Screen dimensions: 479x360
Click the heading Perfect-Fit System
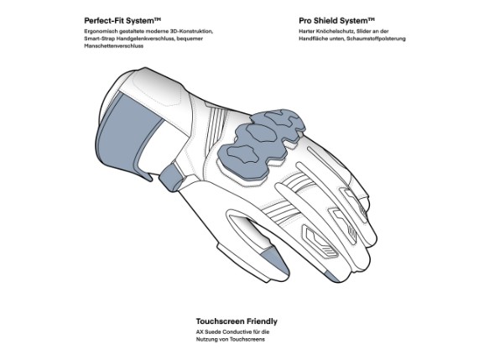122,21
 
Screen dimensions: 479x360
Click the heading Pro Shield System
336,21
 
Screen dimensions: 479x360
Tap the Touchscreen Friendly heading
237,321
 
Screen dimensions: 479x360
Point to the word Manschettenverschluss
113,46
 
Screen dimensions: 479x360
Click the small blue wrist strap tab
171,176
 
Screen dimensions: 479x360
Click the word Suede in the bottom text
213,331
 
